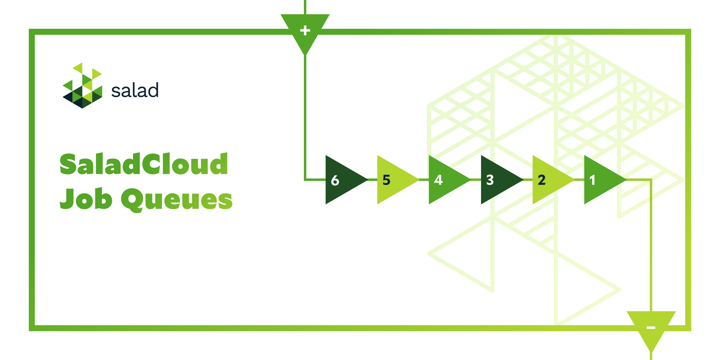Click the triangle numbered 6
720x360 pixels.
coord(342,180)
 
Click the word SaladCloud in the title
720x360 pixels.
coord(144,165)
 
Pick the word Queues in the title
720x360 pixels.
coord(176,199)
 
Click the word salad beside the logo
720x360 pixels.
coord(135,91)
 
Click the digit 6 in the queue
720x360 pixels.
coord(335,180)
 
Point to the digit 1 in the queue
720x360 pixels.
coord(592,180)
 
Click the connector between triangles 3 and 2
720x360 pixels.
coord(528,179)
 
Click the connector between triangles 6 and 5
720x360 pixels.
coord(372,179)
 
